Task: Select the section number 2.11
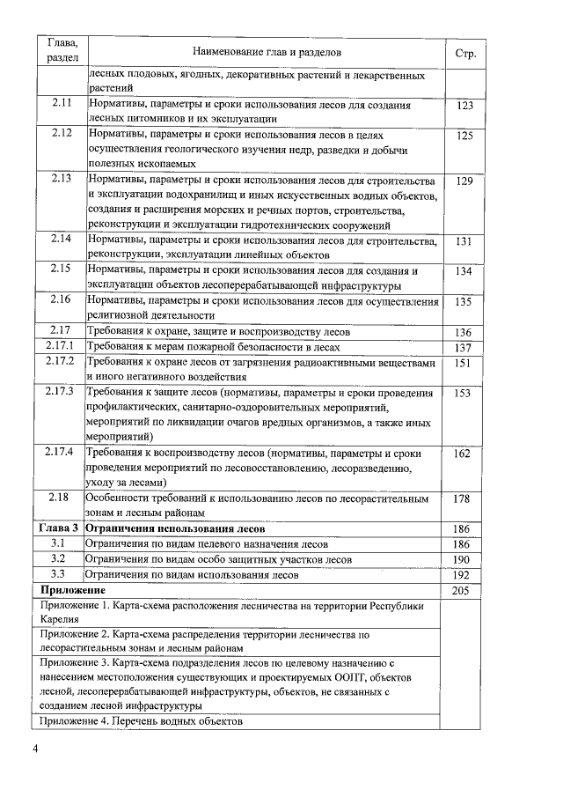(x=61, y=104)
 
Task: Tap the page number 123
(x=465, y=105)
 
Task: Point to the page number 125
(x=465, y=136)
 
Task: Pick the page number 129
(x=465, y=181)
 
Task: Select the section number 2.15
(x=61, y=270)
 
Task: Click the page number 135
(x=465, y=301)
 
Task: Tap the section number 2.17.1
(x=61, y=346)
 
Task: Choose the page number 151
(x=465, y=362)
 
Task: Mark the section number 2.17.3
(x=61, y=391)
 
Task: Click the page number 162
(x=465, y=453)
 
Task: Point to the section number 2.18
(x=61, y=498)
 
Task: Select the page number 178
(x=465, y=498)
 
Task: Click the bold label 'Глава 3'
(x=61, y=528)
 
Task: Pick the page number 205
(x=462, y=589)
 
